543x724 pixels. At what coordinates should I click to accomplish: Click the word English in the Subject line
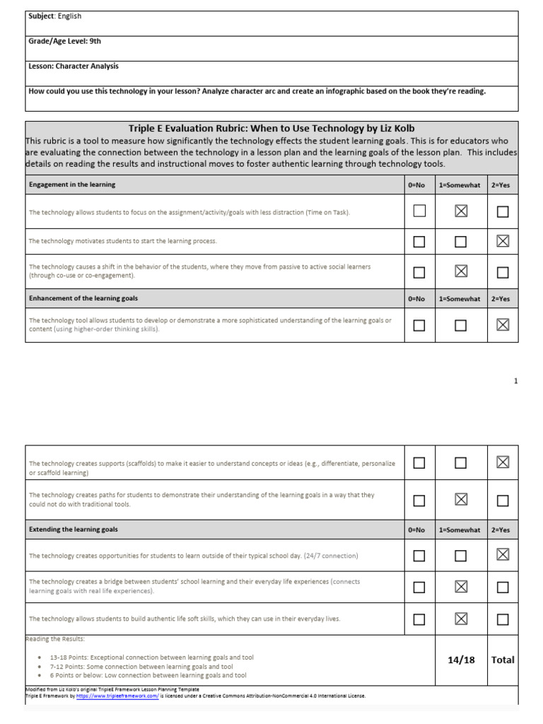coord(70,16)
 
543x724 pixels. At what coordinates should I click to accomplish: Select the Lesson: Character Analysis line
coord(74,66)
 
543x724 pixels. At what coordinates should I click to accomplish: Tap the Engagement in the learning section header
coord(72,185)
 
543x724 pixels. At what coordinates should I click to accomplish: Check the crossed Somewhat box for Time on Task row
coord(461,211)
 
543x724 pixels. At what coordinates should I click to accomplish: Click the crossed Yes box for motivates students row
coord(503,242)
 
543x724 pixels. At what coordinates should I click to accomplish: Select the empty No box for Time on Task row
coord(419,211)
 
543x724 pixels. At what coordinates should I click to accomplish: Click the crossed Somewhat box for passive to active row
coord(461,272)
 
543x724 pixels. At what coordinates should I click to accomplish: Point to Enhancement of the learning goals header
coord(83,298)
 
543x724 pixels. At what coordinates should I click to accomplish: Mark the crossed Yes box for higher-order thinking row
coord(503,325)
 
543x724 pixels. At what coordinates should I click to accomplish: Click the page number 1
coord(516,381)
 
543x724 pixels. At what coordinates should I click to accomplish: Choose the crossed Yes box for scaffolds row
coord(503,462)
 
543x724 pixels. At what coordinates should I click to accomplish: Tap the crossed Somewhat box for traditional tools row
coord(461,501)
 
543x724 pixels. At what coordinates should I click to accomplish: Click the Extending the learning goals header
coord(74,529)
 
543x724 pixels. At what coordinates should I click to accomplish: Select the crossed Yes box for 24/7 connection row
coord(503,556)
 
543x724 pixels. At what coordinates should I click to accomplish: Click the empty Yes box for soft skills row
coord(503,619)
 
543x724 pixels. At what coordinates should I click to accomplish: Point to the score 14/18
coord(461,660)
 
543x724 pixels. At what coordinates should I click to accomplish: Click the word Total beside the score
coord(503,660)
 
